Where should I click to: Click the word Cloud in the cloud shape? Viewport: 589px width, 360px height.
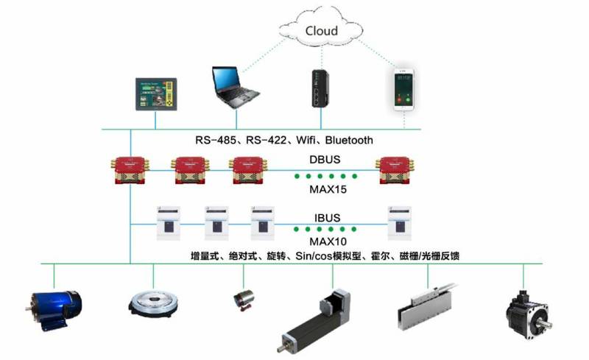pos(321,30)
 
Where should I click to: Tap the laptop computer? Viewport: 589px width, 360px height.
pos(234,87)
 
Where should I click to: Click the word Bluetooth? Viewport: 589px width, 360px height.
pos(348,140)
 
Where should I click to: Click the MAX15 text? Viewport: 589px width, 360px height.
pos(324,191)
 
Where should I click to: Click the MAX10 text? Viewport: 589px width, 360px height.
pos(324,241)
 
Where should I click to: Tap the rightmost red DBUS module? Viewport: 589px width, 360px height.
pos(394,171)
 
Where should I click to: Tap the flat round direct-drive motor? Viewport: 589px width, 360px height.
pos(153,303)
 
